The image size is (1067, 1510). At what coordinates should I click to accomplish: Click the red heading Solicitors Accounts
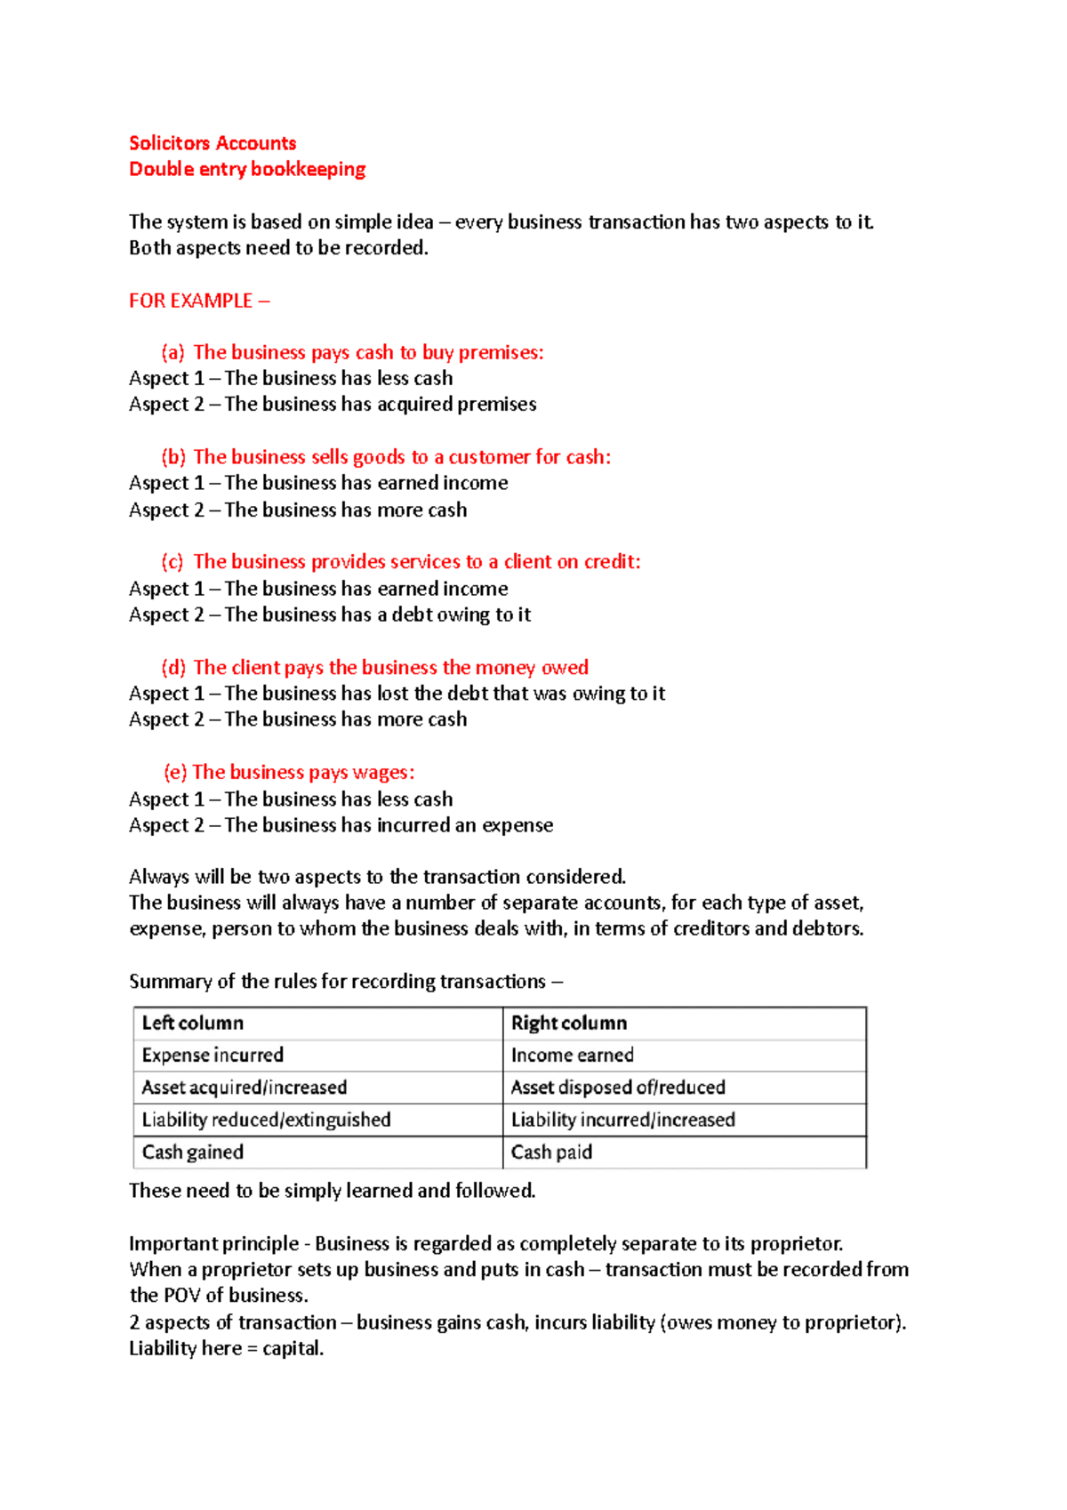(213, 143)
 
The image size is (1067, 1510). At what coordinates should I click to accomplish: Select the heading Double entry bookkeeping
(247, 169)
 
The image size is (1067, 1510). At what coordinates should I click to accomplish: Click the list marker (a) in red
(172, 352)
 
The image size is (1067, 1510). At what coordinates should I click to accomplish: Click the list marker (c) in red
(172, 562)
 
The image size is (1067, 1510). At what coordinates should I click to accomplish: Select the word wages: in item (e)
(383, 772)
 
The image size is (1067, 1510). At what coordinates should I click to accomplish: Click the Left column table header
(193, 1023)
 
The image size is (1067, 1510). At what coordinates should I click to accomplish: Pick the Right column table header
(569, 1023)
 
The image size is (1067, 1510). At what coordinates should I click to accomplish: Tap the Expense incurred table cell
(213, 1055)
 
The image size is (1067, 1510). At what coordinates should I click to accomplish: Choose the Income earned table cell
(573, 1055)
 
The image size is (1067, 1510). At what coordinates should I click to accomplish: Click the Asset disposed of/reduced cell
(618, 1087)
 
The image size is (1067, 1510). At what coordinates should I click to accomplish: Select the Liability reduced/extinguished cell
(266, 1120)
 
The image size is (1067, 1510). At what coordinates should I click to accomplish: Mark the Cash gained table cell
(193, 1152)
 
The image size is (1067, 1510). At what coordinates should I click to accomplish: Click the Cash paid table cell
(551, 1152)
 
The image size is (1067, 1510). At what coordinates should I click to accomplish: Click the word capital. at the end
(293, 1348)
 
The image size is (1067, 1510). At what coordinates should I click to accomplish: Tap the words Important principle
(213, 1243)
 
